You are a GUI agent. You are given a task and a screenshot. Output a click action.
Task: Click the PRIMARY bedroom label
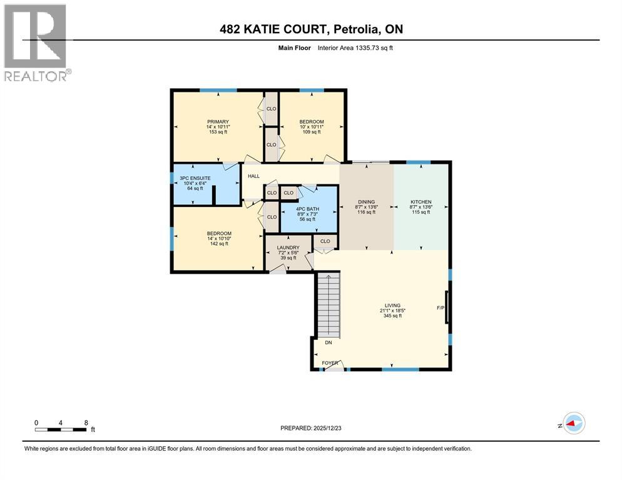pyautogui.click(x=218, y=122)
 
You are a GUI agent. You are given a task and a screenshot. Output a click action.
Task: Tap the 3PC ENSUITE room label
pyautogui.click(x=195, y=178)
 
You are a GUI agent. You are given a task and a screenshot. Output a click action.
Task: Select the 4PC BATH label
pyautogui.click(x=307, y=209)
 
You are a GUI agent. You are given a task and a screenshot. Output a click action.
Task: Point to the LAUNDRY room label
pyautogui.click(x=288, y=247)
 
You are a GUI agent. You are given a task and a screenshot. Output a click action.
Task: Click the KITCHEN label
pyautogui.click(x=421, y=202)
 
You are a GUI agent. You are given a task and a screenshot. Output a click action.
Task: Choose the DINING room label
pyautogui.click(x=366, y=202)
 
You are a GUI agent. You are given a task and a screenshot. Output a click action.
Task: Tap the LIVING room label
pyautogui.click(x=392, y=306)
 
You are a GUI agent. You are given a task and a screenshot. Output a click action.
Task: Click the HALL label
pyautogui.click(x=253, y=176)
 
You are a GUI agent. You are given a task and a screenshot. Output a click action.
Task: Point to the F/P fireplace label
pyautogui.click(x=441, y=308)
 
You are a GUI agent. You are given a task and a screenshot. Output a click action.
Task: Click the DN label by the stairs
pyautogui.click(x=329, y=342)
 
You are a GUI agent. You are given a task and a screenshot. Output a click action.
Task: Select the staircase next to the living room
pyautogui.click(x=329, y=305)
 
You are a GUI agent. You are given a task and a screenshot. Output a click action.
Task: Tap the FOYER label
pyautogui.click(x=330, y=363)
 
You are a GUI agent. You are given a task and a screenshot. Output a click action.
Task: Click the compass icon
pyautogui.click(x=574, y=423)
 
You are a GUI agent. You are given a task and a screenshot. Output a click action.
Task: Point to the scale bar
pyautogui.click(x=61, y=429)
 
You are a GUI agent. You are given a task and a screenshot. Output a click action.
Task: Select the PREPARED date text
pyautogui.click(x=310, y=428)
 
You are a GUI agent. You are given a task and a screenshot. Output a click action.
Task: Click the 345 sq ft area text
pyautogui.click(x=392, y=316)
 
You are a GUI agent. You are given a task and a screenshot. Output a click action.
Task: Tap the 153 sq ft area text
pyautogui.click(x=218, y=132)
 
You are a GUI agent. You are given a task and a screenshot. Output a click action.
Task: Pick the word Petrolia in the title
pyautogui.click(x=355, y=29)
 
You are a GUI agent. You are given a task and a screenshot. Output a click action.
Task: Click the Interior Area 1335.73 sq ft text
pyautogui.click(x=355, y=48)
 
